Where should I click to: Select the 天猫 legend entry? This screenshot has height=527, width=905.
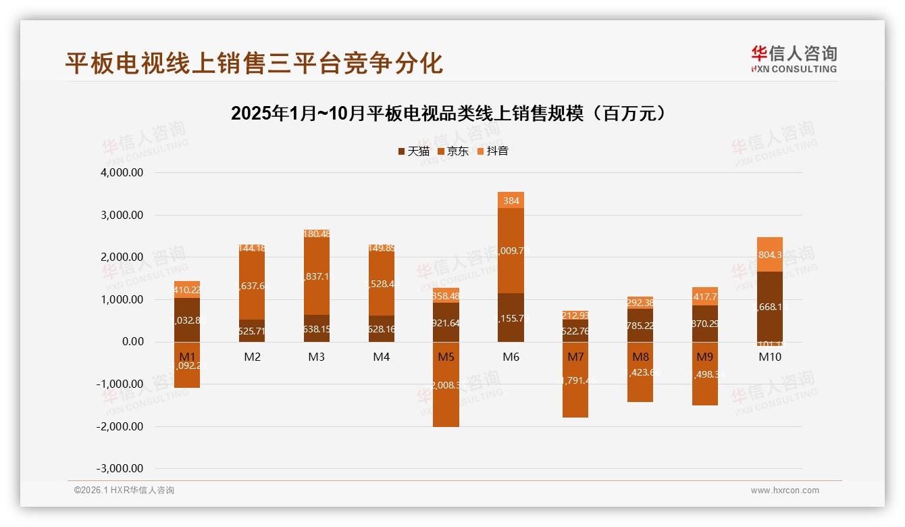pos(413,151)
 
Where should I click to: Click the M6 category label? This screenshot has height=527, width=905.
pos(511,357)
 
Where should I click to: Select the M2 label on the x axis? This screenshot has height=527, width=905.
pos(252,357)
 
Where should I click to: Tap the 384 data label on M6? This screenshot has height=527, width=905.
pos(511,201)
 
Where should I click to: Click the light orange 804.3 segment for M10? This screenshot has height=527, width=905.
pos(770,255)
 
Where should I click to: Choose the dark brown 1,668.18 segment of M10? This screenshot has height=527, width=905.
pos(770,307)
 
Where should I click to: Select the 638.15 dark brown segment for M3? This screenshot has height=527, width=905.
pos(317,329)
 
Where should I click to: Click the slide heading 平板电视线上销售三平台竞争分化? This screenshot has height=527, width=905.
pos(254,63)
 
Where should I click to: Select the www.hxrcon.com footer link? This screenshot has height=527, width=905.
pos(785,491)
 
